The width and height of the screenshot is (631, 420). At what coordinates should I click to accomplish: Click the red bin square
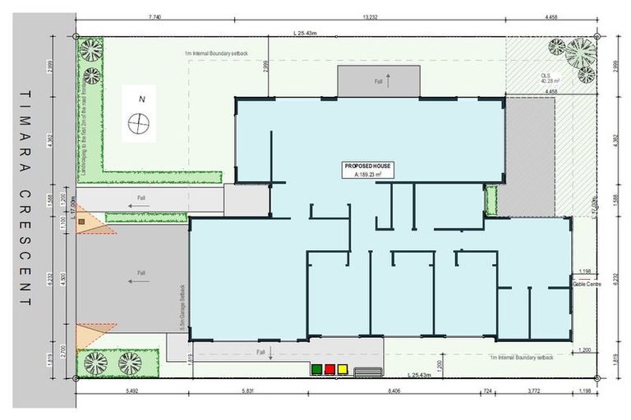pyautogui.click(x=329, y=369)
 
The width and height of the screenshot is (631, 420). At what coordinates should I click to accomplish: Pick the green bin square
pyautogui.click(x=316, y=369)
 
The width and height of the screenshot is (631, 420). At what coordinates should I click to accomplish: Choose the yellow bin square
pyautogui.click(x=343, y=369)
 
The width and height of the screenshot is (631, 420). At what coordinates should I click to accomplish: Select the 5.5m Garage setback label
pyautogui.click(x=182, y=307)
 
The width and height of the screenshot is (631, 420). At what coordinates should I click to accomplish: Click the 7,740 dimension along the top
pyautogui.click(x=154, y=16)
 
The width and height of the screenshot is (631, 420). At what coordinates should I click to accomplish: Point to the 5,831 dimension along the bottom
pyautogui.click(x=247, y=392)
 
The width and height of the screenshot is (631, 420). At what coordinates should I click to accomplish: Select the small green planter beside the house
pyautogui.click(x=491, y=199)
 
